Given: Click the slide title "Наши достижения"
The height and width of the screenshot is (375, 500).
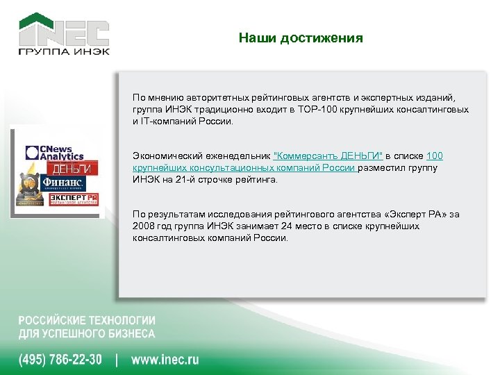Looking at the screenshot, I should tap(300, 37).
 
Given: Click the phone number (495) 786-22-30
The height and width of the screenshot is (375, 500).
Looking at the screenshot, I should tap(60, 360).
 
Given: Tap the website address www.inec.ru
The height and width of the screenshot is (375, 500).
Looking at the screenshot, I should tap(165, 360).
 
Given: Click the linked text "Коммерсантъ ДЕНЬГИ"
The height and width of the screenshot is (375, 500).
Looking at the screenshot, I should tap(329, 156).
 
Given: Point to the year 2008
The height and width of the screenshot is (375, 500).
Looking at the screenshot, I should tap(144, 226).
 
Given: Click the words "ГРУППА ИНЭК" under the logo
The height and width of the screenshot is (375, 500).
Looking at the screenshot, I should tap(63, 52).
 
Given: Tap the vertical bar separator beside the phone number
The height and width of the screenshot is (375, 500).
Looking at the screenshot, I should tap(117, 360).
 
